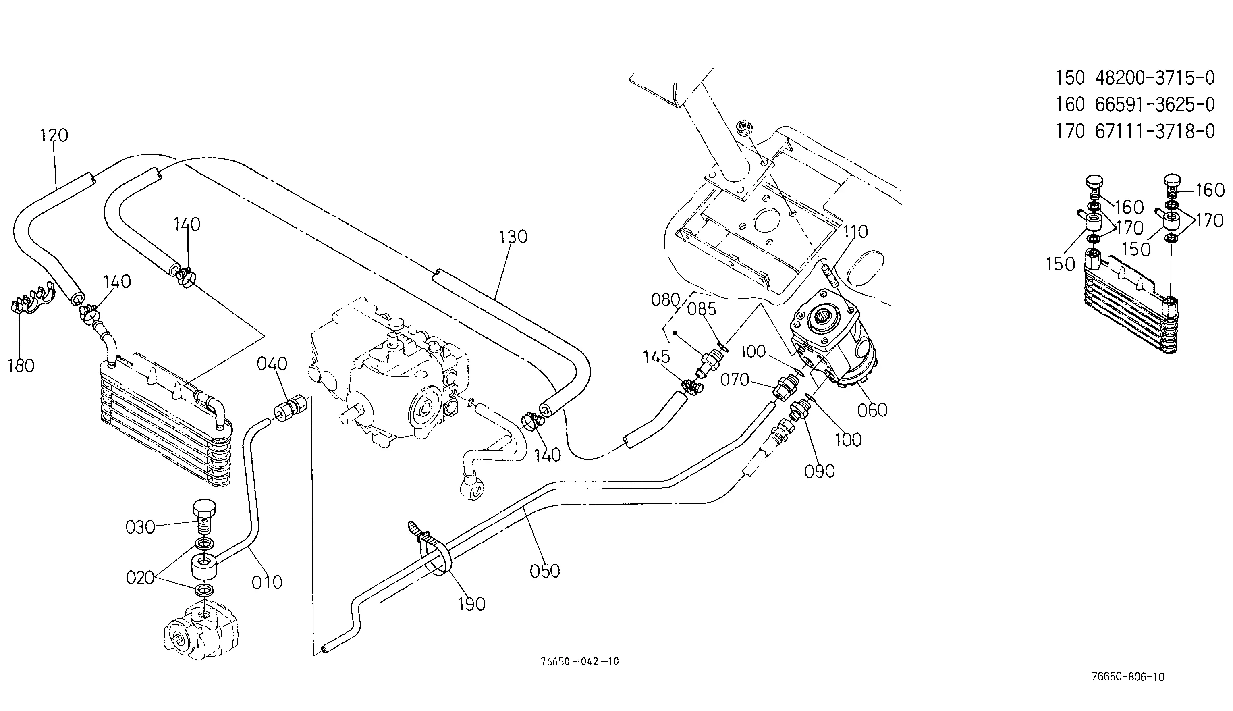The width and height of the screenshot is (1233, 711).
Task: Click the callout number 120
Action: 54,135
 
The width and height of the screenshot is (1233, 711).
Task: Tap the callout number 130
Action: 513,237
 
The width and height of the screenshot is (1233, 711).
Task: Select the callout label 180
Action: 21,366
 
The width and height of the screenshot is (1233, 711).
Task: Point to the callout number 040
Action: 272,364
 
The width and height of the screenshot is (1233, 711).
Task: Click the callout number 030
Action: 140,527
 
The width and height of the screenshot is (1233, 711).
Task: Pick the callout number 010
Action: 267,582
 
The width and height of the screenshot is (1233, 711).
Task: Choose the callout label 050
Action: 545,571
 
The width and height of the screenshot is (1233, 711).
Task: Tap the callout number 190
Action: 471,605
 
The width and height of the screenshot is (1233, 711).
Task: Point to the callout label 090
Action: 820,471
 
